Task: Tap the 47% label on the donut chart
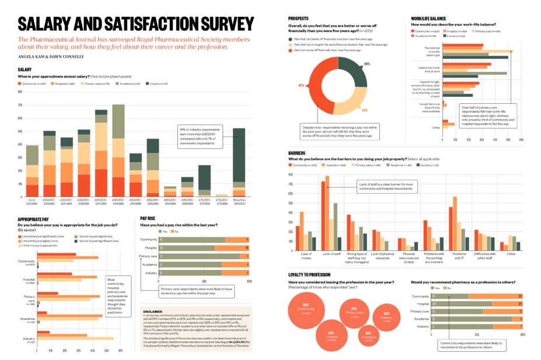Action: point(301,86)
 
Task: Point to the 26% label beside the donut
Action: point(367,63)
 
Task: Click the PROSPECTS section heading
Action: point(299,18)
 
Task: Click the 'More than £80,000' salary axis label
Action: point(239,201)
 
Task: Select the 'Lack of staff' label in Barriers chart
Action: point(331,254)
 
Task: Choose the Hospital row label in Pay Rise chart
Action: point(150,248)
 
